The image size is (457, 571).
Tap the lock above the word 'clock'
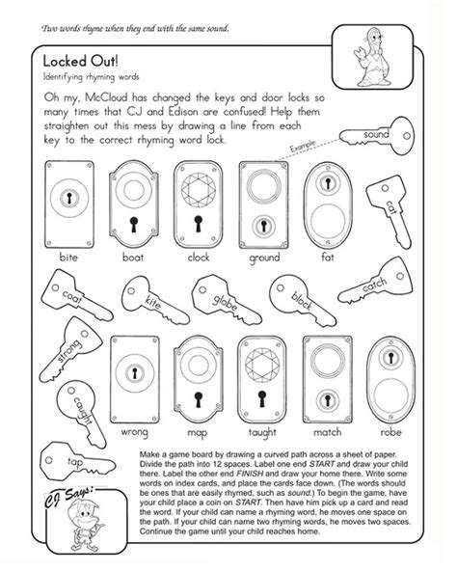(199, 201)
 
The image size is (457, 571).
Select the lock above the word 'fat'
(328, 199)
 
